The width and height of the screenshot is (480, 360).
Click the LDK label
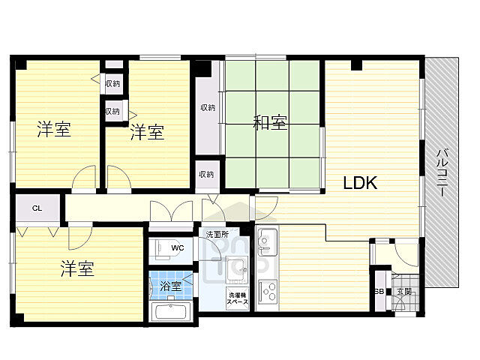click(x=360, y=182)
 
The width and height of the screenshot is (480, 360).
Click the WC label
click(x=178, y=247)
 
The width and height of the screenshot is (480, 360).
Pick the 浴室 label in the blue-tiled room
click(x=171, y=286)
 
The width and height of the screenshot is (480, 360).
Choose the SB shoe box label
click(x=379, y=291)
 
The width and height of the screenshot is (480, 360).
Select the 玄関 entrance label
click(x=404, y=291)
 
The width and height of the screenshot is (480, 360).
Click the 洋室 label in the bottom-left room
click(x=77, y=268)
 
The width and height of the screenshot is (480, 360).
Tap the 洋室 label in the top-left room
click(x=55, y=130)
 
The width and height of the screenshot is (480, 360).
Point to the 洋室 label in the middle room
click(x=147, y=133)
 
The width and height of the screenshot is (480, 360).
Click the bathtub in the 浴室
click(x=172, y=311)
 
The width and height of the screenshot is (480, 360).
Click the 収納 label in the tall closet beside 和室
click(x=208, y=107)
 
